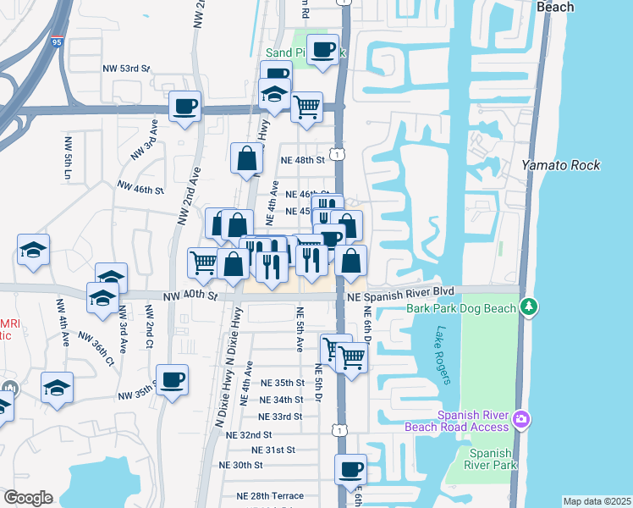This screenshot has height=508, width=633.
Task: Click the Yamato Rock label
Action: pos(561,165)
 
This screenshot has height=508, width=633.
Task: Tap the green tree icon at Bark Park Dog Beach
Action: pos(530,305)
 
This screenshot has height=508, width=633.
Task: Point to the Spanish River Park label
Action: pos(492,459)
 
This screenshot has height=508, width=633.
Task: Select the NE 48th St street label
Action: pos(303,160)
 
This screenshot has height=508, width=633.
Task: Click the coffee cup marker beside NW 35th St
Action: pos(173,379)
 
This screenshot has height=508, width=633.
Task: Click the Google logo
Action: pos(28,498)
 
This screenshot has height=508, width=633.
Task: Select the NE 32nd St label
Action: pos(249,434)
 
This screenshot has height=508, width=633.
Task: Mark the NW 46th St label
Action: pos(140,188)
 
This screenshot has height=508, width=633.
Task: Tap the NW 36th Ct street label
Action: pos(96,347)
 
